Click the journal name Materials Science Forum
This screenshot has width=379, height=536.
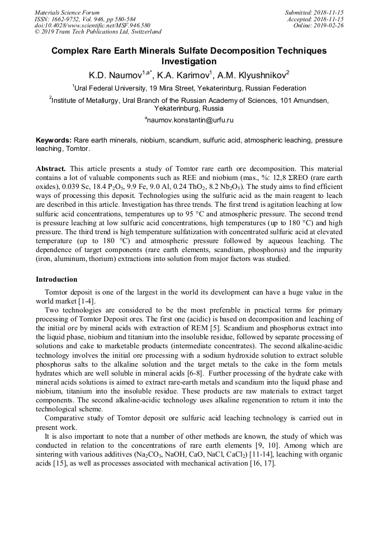point(67,12)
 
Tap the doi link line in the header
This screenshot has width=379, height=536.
point(92,25)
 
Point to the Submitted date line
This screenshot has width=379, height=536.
point(314,12)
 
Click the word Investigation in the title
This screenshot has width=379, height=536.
point(189,61)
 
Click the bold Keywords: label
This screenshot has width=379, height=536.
point(54,140)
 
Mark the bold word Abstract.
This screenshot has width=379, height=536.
point(51,168)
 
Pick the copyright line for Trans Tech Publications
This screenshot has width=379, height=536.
point(98,32)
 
